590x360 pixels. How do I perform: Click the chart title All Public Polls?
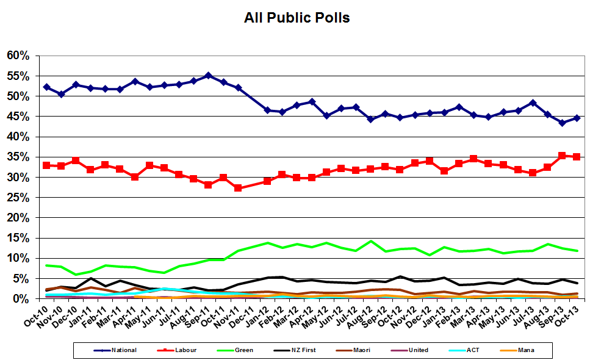coord(297,18)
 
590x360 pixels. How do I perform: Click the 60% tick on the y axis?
coord(18,56)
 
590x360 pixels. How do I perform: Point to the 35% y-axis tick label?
coord(18,157)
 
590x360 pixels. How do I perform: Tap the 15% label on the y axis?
coord(18,238)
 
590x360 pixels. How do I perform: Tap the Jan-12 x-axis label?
coord(259,315)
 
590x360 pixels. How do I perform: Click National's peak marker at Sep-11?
coord(208,76)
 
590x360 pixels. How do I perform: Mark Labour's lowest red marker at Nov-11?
coord(238,188)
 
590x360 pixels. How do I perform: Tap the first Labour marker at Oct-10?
coord(46,165)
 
